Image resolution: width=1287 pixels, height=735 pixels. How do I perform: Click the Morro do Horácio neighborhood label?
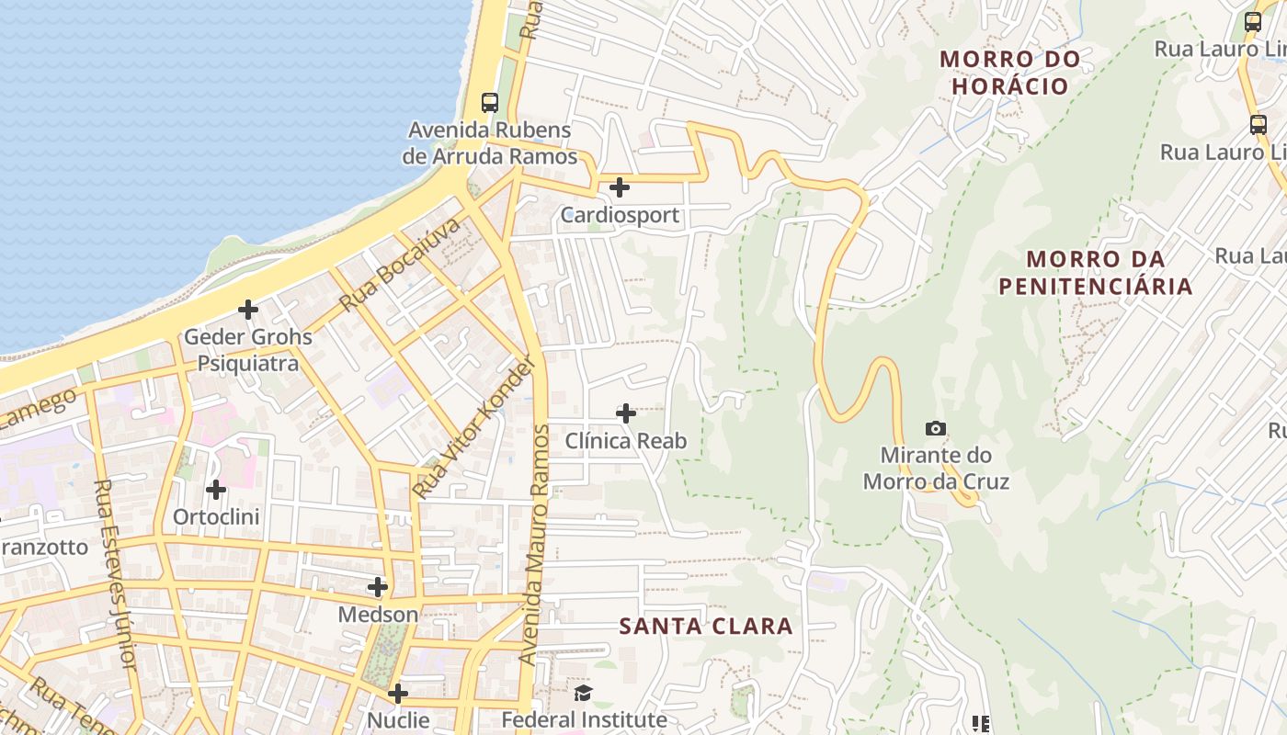click(1009, 73)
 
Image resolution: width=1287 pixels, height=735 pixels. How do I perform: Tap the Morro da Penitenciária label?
click(1095, 273)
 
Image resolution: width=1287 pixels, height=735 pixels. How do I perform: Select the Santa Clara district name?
click(705, 627)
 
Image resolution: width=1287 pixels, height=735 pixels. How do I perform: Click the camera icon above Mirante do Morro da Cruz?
click(936, 428)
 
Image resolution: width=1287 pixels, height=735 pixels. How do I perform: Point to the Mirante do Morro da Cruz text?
click(936, 469)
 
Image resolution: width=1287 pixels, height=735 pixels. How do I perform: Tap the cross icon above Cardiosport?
click(620, 187)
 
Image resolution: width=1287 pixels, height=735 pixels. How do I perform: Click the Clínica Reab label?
click(625, 441)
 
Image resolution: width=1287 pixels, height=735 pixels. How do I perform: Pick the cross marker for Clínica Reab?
click(625, 413)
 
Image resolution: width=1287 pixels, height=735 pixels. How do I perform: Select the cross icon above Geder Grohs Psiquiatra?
click(248, 310)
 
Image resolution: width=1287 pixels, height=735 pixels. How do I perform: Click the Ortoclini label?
click(216, 517)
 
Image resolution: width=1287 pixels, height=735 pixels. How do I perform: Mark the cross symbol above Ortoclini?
click(216, 490)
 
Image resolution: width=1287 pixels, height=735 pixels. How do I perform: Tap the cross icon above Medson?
click(378, 586)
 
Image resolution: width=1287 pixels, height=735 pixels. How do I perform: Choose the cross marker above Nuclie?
click(398, 693)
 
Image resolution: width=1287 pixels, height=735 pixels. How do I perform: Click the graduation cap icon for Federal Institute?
click(584, 693)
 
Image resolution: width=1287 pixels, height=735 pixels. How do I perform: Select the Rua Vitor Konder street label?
click(473, 428)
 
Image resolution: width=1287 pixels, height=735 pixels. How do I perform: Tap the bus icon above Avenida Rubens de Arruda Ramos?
click(490, 103)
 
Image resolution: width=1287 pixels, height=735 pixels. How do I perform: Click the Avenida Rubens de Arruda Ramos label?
click(490, 143)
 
